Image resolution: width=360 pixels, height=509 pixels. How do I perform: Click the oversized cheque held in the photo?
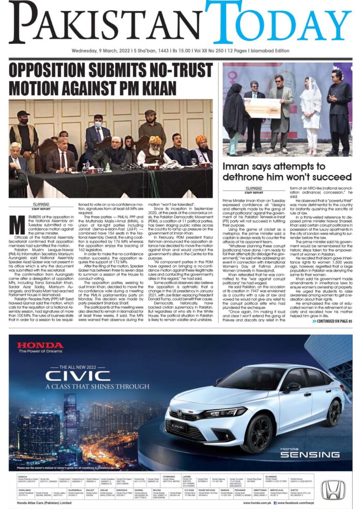[263, 108]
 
